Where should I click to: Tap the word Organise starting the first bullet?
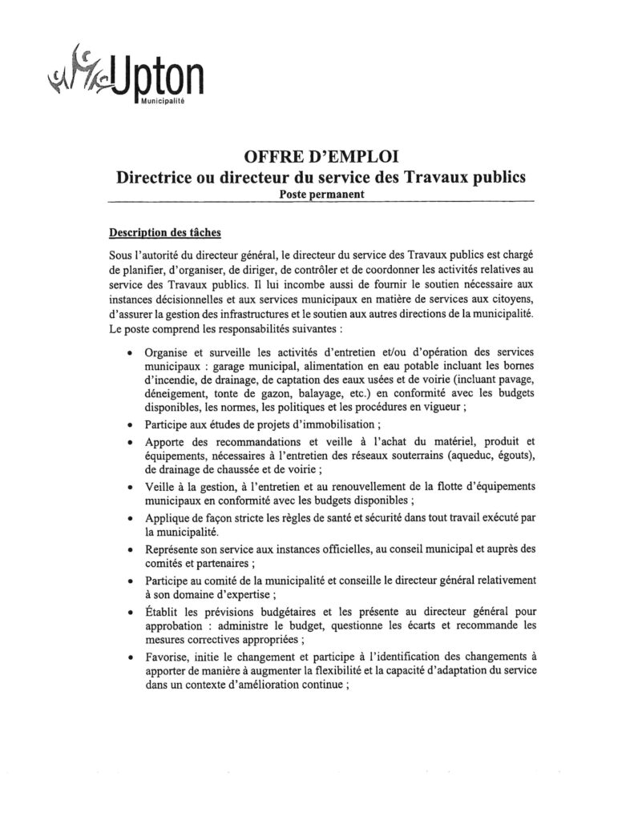pos(169,352)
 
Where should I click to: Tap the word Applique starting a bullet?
pos(169,519)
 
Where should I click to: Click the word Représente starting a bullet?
pos(174,550)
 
